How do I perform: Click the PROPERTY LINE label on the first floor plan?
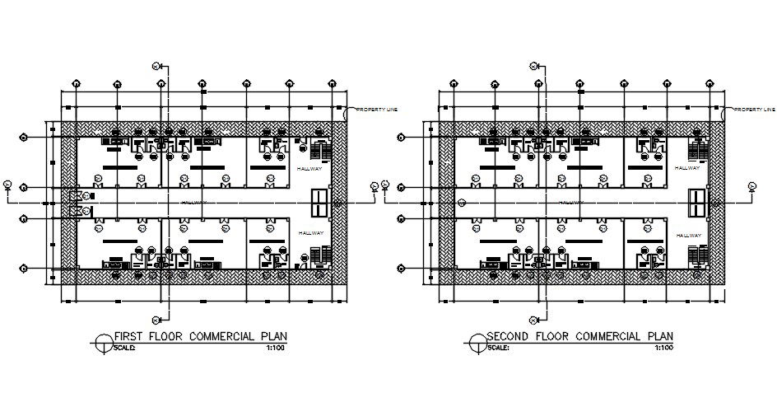(376, 110)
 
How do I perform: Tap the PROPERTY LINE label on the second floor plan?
(754, 110)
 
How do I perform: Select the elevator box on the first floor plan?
(320, 202)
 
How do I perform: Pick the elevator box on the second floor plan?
(697, 202)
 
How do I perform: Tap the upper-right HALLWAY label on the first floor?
(310, 168)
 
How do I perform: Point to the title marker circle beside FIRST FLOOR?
(102, 341)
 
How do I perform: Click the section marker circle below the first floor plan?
(156, 320)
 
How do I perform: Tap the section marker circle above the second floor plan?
(533, 66)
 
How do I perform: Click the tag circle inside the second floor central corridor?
(463, 202)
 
